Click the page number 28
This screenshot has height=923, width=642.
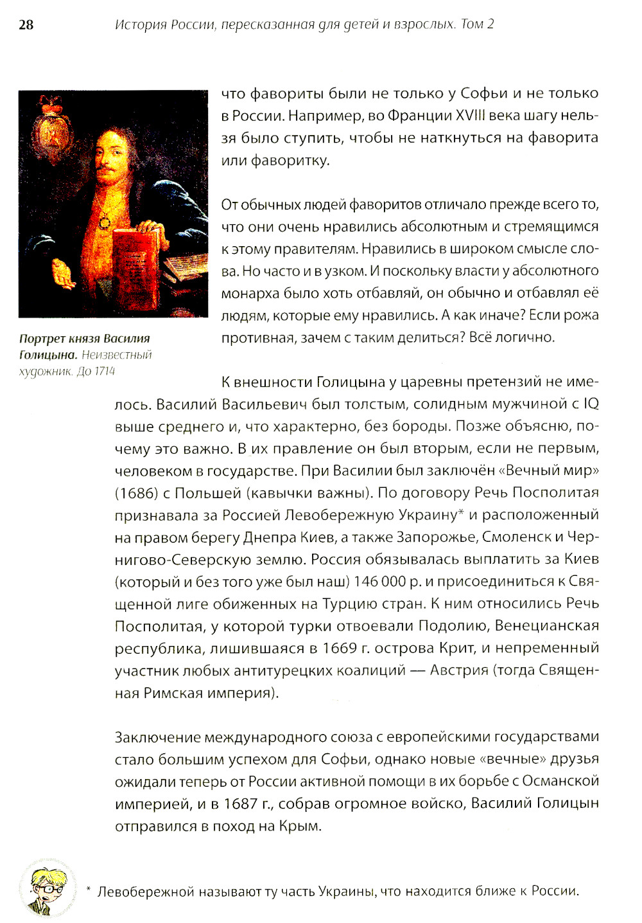26,25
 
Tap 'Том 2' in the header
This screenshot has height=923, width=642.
477,25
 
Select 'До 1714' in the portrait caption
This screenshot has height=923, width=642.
96,371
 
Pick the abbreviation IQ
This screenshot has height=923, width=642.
591,404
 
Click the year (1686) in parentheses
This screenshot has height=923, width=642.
136,493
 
